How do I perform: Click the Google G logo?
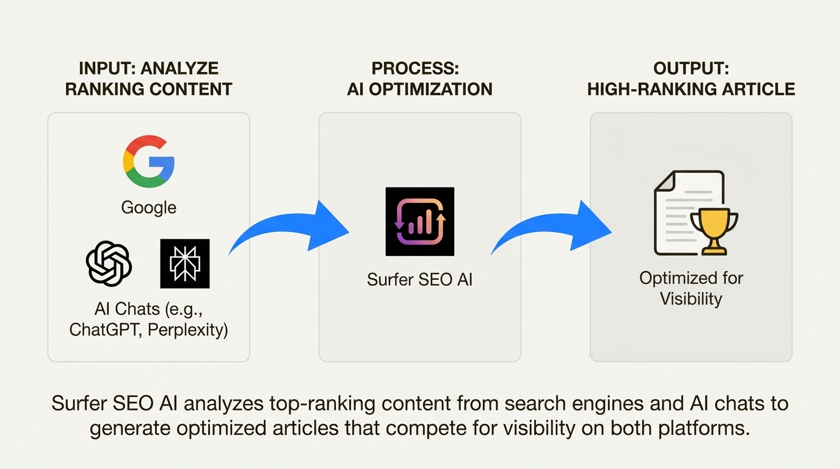click(148, 161)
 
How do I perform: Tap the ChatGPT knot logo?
click(109, 263)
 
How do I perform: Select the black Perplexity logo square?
click(184, 263)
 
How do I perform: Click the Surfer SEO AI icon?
click(419, 221)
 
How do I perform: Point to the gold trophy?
click(714, 229)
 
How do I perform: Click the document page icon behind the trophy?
click(681, 211)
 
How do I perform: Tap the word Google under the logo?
click(148, 208)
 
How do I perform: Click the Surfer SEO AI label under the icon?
click(419, 280)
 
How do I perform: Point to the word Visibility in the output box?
click(691, 299)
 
